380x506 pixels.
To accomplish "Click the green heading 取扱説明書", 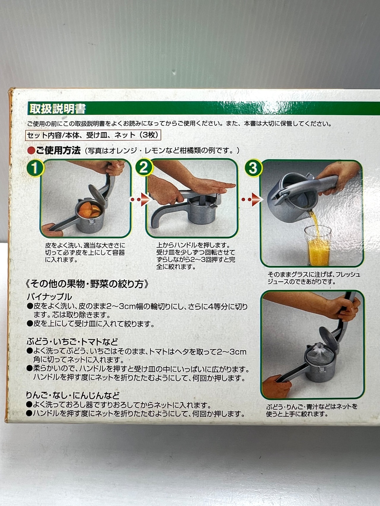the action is [x=57, y=108].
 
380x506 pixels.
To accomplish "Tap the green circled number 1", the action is [x=35, y=168].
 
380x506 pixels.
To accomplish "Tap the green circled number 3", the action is [x=253, y=168].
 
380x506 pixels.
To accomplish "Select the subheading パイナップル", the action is [x=49, y=297].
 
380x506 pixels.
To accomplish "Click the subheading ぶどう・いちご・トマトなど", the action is [x=72, y=341].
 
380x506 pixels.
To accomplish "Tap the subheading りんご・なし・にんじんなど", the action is [x=73, y=395].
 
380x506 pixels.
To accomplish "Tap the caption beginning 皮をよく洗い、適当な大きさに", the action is [x=85, y=253].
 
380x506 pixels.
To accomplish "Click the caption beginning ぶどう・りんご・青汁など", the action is [x=312, y=410].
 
